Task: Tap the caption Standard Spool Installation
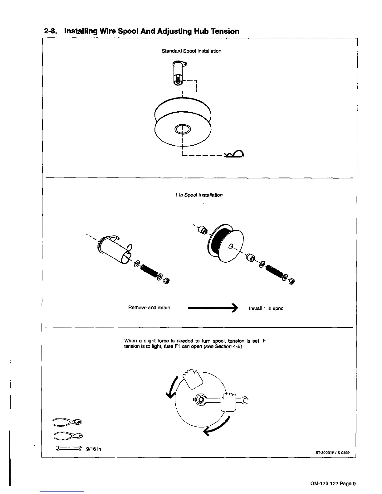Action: pos(191,51)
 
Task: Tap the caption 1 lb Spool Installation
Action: pos(199,195)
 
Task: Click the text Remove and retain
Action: pos(149,308)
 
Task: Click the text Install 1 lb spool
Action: pos(267,308)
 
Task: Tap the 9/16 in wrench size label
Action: pos(94,449)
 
